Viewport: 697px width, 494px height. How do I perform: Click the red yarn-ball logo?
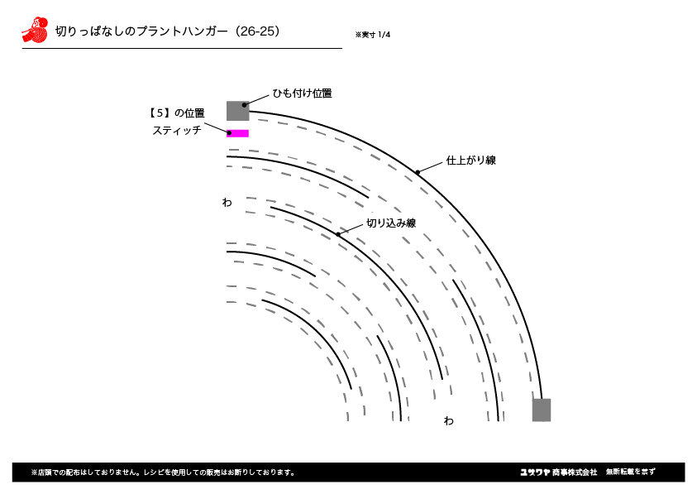[35, 30]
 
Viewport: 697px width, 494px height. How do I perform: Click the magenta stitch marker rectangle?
[238, 133]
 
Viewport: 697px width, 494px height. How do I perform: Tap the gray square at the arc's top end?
[238, 111]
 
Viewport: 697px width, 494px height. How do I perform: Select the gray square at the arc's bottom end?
[542, 410]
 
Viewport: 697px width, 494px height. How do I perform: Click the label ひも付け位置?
[303, 94]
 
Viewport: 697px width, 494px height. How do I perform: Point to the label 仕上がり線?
[470, 161]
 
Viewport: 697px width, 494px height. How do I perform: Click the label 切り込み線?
[391, 223]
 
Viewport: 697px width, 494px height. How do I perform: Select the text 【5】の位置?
[176, 113]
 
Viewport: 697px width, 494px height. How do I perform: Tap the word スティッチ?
[177, 130]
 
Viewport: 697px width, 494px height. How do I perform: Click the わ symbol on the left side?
[227, 203]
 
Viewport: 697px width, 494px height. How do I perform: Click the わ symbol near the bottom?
[448, 420]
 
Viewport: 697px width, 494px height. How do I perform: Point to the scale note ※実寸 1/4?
[373, 35]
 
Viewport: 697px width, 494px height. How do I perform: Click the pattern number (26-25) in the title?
[257, 31]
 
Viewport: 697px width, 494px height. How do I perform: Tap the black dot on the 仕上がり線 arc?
[418, 173]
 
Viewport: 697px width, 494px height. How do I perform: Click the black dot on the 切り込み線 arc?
[338, 234]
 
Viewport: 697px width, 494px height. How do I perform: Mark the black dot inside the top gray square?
[244, 105]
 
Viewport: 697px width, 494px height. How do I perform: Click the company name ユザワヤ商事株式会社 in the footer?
[558, 472]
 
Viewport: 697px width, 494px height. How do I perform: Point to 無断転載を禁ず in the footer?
[630, 472]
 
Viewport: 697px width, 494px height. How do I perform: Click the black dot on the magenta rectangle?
[229, 133]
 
